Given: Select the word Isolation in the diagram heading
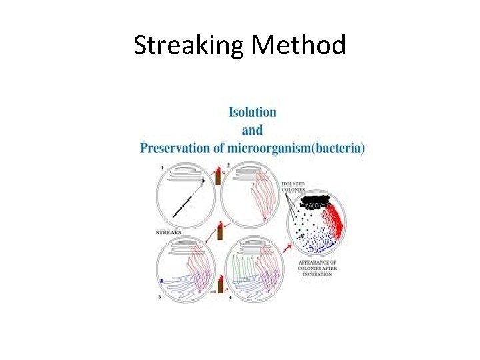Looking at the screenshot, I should [x=253, y=111].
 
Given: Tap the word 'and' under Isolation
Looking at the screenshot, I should [x=252, y=129].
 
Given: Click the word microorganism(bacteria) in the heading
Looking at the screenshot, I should [x=298, y=148].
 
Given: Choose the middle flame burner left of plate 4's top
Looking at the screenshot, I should [x=219, y=233].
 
